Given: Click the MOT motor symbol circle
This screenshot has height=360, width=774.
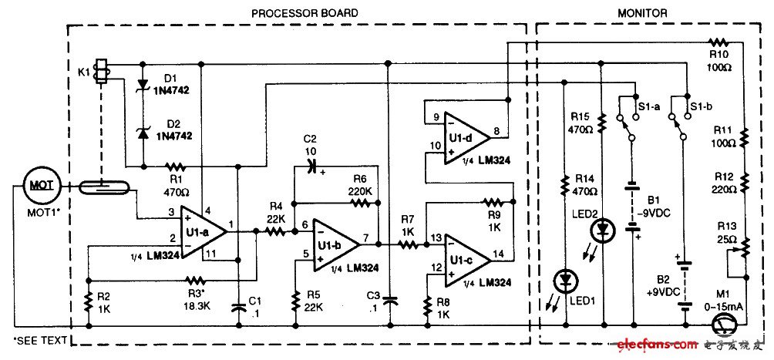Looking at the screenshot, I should click(x=39, y=185).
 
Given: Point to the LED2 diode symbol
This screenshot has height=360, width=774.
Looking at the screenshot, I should click(x=603, y=230).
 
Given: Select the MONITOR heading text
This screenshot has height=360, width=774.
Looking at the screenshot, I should click(x=641, y=12).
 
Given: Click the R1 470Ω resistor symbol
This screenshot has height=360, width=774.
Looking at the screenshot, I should click(x=176, y=166).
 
